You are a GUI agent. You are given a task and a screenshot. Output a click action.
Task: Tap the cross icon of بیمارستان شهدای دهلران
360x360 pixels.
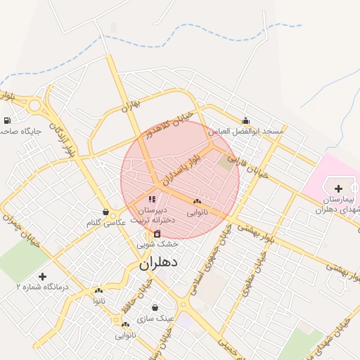339,188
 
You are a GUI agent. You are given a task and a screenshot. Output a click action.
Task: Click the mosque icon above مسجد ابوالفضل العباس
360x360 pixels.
245,120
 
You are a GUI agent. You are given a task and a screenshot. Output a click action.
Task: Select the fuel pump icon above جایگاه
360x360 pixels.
7,121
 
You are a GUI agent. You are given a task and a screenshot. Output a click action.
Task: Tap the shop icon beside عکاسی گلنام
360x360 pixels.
105,212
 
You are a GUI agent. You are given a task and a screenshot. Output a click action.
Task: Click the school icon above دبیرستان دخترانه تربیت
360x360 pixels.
152,200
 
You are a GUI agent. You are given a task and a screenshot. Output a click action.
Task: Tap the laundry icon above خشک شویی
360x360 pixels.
157,233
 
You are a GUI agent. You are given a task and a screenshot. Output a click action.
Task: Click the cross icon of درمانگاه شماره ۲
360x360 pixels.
43,276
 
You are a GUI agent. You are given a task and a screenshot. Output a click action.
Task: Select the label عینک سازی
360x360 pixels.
155,318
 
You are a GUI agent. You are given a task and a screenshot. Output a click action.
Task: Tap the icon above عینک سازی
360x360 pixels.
155,307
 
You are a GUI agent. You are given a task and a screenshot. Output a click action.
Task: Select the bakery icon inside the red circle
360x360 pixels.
196,201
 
